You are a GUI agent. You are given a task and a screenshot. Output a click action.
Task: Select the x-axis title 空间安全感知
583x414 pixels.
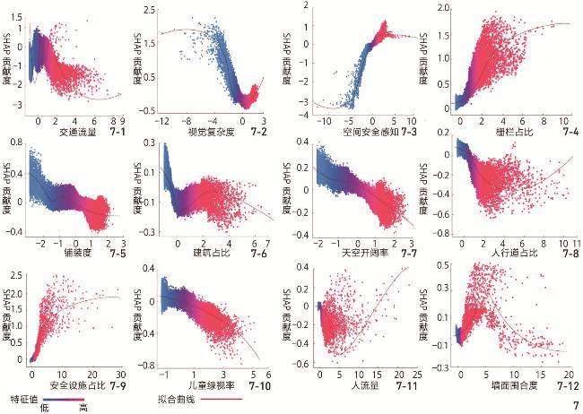pyautogui.click(x=362, y=132)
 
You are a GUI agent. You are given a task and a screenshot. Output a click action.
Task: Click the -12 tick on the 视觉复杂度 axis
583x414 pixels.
pyautogui.click(x=163, y=119)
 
